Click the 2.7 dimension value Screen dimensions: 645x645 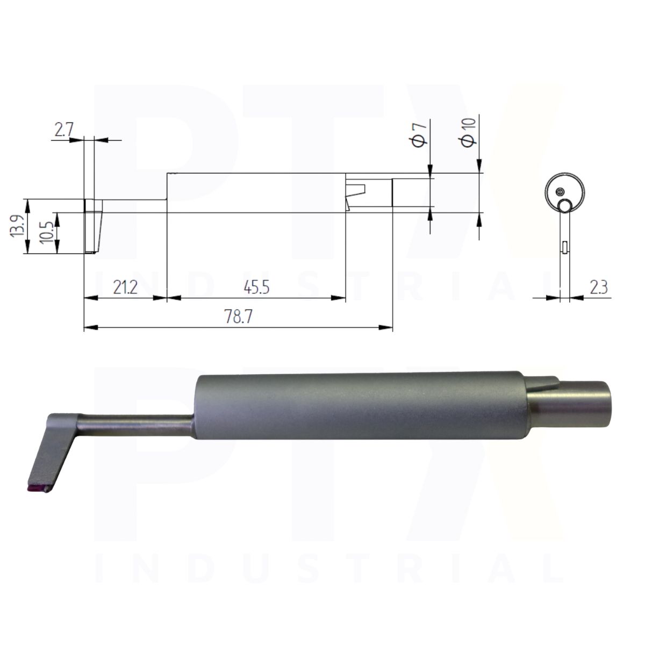pos(63,130)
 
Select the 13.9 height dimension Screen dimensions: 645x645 pos(17,227)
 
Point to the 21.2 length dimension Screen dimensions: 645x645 pos(125,287)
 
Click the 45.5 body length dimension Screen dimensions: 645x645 pos(256,287)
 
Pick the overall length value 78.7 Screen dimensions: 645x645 pos(238,316)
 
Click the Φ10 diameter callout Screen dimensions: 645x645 pos(469,132)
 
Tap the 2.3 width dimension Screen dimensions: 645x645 pos(599,288)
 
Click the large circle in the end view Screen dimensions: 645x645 pos(565,173)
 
